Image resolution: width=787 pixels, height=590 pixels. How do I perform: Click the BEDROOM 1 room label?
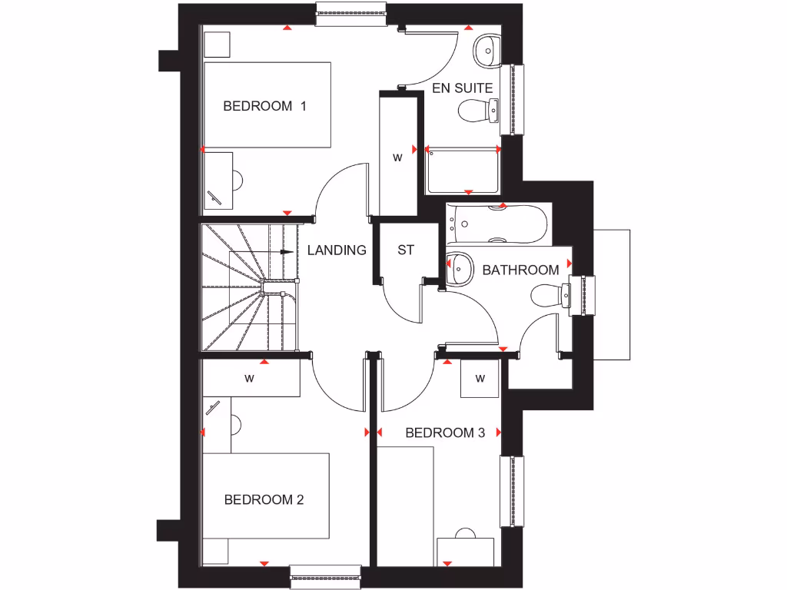coord(264,106)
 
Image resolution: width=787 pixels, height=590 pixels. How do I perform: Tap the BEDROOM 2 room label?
coord(264,500)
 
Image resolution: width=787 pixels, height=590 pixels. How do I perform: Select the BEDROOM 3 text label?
coord(445,433)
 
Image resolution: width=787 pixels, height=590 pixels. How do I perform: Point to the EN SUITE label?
coord(462,88)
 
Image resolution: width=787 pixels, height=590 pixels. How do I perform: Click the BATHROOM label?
coord(520,270)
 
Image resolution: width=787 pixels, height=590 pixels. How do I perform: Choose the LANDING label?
coord(337,250)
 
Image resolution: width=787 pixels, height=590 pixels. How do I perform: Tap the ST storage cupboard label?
coord(406,250)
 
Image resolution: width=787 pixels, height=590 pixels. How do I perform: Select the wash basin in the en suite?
coord(486,50)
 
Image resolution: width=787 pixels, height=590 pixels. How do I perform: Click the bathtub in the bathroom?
coord(496,224)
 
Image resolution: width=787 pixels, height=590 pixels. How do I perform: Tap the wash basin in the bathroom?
coord(460,267)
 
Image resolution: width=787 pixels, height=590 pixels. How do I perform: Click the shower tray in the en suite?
coord(462,171)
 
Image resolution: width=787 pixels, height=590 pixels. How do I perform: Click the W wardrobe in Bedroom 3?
coord(480,378)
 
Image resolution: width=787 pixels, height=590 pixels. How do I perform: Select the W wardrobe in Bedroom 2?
coord(250,378)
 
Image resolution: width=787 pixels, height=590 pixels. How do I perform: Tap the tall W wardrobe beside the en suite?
coord(398,157)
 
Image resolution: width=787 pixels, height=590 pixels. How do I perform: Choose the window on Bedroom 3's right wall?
coord(513,491)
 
